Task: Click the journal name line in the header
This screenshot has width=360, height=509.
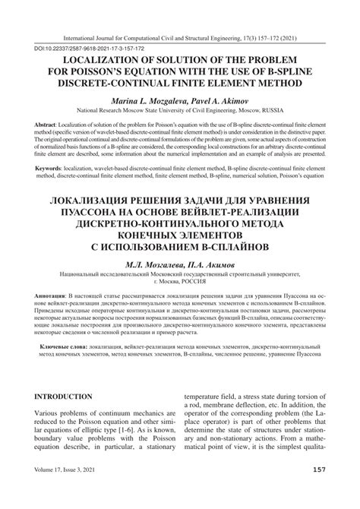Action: point(179,35)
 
